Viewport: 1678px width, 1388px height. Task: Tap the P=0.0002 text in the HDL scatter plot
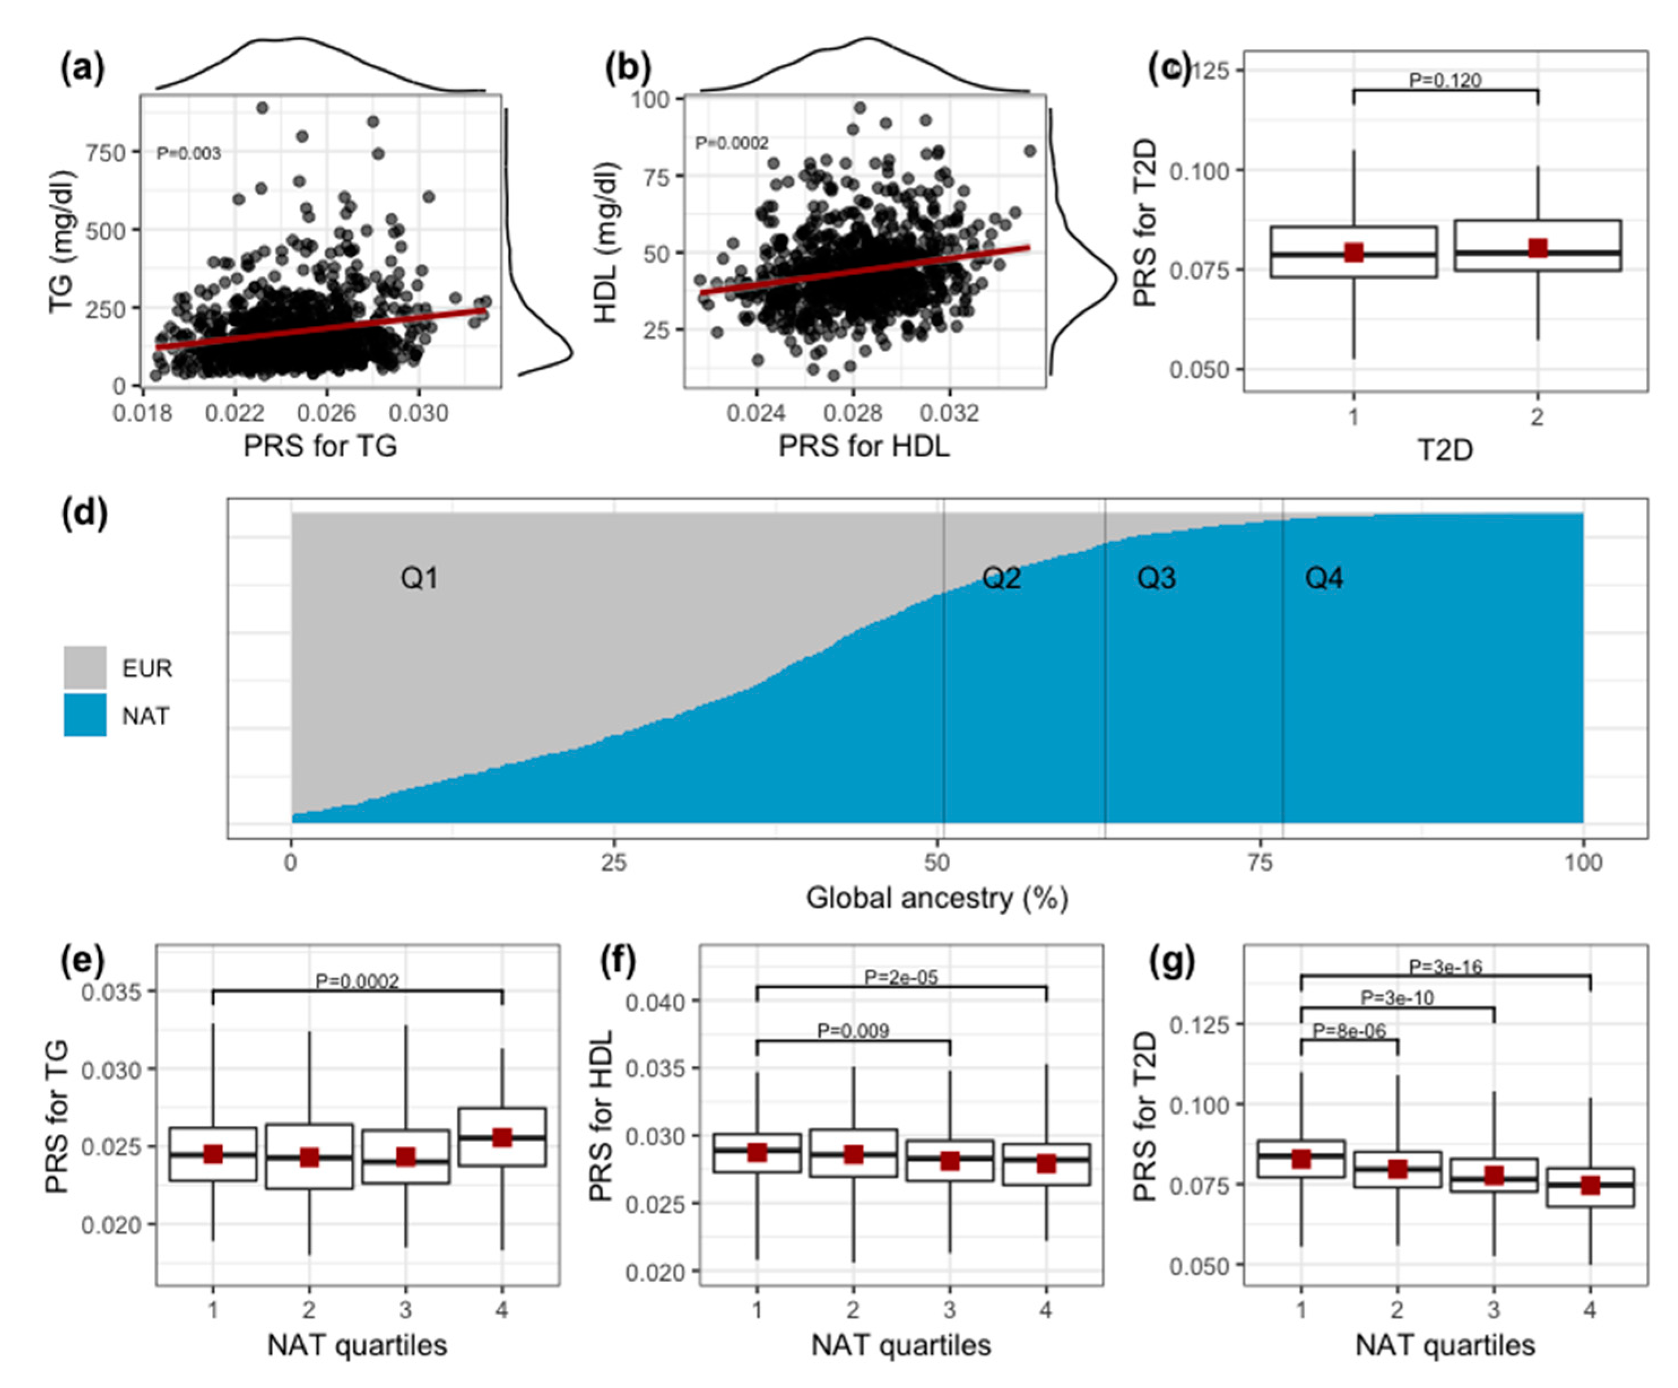[x=731, y=143]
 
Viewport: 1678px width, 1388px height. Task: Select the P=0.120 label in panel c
[x=1445, y=81]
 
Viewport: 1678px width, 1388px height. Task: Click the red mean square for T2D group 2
[x=1537, y=247]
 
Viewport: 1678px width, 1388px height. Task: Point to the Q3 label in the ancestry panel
[x=1156, y=578]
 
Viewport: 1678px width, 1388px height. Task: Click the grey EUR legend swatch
[x=85, y=667]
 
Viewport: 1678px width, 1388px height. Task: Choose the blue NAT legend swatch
[x=85, y=715]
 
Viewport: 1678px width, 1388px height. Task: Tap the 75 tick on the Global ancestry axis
[x=1260, y=863]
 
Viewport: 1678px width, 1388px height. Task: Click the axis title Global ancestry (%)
[x=937, y=898]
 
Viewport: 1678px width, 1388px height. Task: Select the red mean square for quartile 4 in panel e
[x=502, y=1138]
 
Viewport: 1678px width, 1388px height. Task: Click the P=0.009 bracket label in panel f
[x=853, y=1031]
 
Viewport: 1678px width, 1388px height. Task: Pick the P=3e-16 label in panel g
[x=1445, y=968]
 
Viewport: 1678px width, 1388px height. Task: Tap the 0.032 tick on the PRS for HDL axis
[x=949, y=413]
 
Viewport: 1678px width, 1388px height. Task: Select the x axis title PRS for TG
[x=320, y=445]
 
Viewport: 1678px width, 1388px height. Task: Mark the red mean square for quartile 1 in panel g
[x=1301, y=1159]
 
